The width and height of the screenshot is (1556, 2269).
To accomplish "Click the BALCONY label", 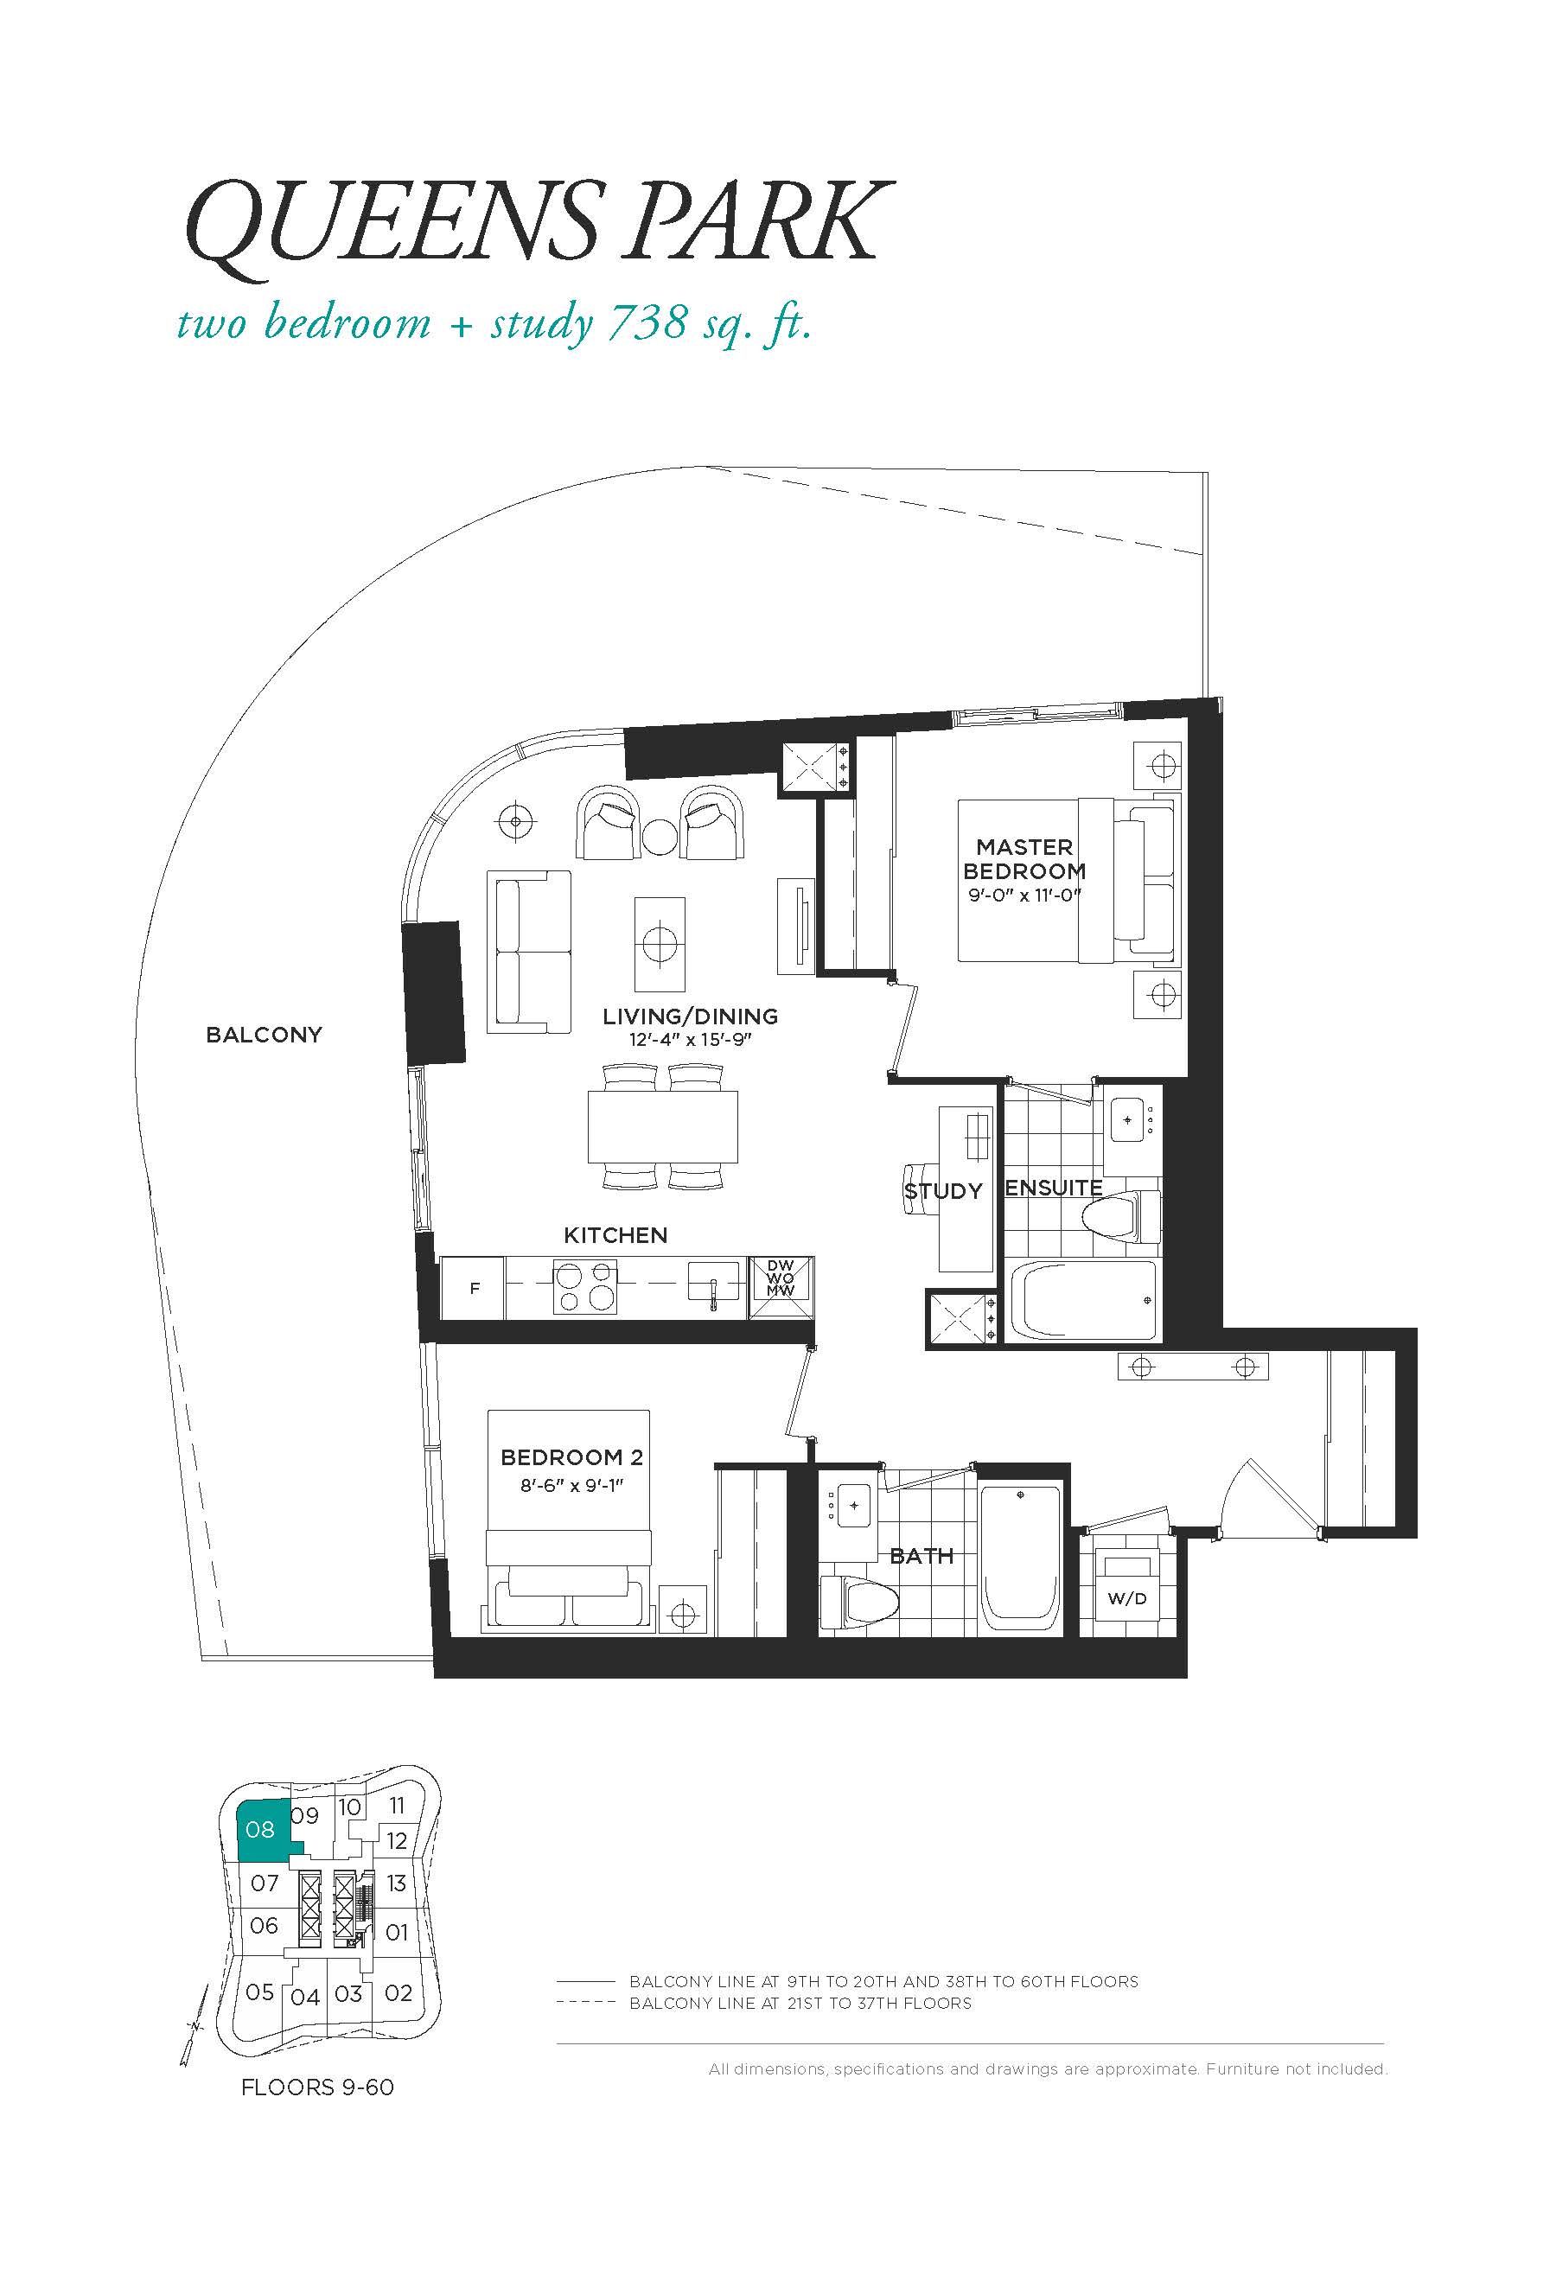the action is (264, 1035).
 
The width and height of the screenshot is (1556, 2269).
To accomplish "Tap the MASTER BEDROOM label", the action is (1024, 859).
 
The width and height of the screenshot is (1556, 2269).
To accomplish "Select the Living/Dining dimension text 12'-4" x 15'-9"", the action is (689, 1041).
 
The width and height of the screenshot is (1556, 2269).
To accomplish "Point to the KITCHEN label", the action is (616, 1235).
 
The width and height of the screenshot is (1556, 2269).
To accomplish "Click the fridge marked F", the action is (474, 1289).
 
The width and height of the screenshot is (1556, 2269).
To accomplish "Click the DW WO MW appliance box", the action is (781, 1288).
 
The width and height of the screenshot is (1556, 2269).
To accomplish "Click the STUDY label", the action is (943, 1191).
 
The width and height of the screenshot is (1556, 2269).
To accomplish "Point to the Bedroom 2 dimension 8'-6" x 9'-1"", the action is (571, 1486).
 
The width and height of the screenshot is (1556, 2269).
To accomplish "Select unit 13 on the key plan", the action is (395, 1883).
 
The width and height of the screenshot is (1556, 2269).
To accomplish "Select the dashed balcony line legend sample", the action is (586, 2003).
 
